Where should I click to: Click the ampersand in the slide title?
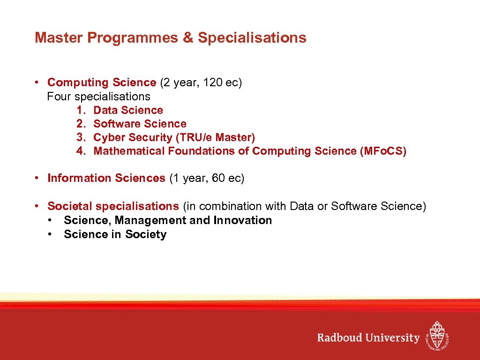188,38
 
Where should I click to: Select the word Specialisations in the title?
252,38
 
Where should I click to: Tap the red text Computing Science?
102,82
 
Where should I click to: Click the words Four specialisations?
98,97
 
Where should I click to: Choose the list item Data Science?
128,110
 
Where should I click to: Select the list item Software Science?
140,124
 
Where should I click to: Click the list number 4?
81,151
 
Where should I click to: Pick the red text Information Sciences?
106,178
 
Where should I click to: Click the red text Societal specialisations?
113,206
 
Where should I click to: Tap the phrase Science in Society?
115,234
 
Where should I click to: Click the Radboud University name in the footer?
368,337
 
